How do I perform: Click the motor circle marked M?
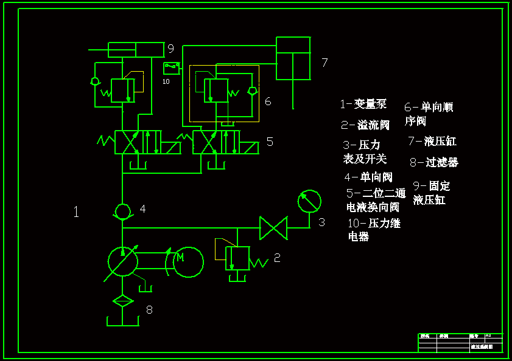pos(188,262)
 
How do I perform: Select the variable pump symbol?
pos(122,262)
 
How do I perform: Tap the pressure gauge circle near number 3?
pos(309,201)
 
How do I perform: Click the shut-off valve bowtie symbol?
pos(273,229)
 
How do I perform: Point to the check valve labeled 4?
pos(122,210)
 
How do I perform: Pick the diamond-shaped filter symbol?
pos(122,300)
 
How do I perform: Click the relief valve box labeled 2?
pos(237,258)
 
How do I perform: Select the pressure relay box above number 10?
pos(171,67)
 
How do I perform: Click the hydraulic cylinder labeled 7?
pos(293,58)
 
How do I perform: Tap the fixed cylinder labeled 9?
pos(136,49)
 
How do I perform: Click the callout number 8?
pos(149,310)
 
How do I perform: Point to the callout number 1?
pos(76,212)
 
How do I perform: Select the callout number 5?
pos(270,142)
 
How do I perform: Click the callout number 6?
pos(268,101)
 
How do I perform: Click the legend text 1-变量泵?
pos(363,104)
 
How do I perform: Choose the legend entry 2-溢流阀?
pos(365,125)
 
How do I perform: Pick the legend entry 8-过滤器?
pos(433,162)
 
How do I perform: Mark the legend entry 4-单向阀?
pos(368,177)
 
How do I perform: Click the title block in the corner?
pos(460,343)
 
